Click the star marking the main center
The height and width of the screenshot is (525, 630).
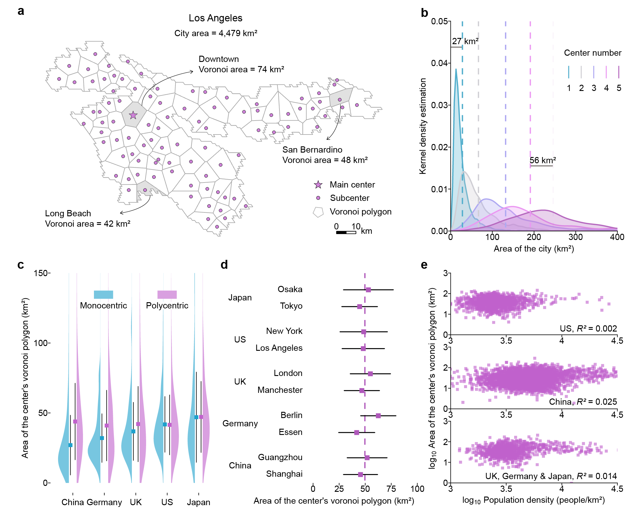133,115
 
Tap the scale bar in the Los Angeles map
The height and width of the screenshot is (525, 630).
346,233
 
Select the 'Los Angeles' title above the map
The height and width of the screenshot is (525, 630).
215,18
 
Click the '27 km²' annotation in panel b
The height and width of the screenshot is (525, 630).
465,41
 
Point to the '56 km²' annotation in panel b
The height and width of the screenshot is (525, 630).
542,160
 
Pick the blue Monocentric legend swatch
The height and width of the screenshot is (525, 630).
103,294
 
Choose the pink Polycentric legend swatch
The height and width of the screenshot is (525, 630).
167,294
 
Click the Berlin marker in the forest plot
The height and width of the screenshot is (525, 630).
378,416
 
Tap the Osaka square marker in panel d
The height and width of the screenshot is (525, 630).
368,290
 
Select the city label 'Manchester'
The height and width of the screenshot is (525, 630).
280,390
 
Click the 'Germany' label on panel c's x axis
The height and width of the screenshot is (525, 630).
104,502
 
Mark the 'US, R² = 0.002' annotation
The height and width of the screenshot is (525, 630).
588,329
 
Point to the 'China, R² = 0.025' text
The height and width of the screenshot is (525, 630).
583,402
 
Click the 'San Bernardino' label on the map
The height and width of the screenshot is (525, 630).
312,150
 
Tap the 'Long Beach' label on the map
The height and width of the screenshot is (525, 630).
68,213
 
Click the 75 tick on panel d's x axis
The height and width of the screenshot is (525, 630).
391,489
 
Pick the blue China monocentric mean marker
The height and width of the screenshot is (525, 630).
71,445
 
